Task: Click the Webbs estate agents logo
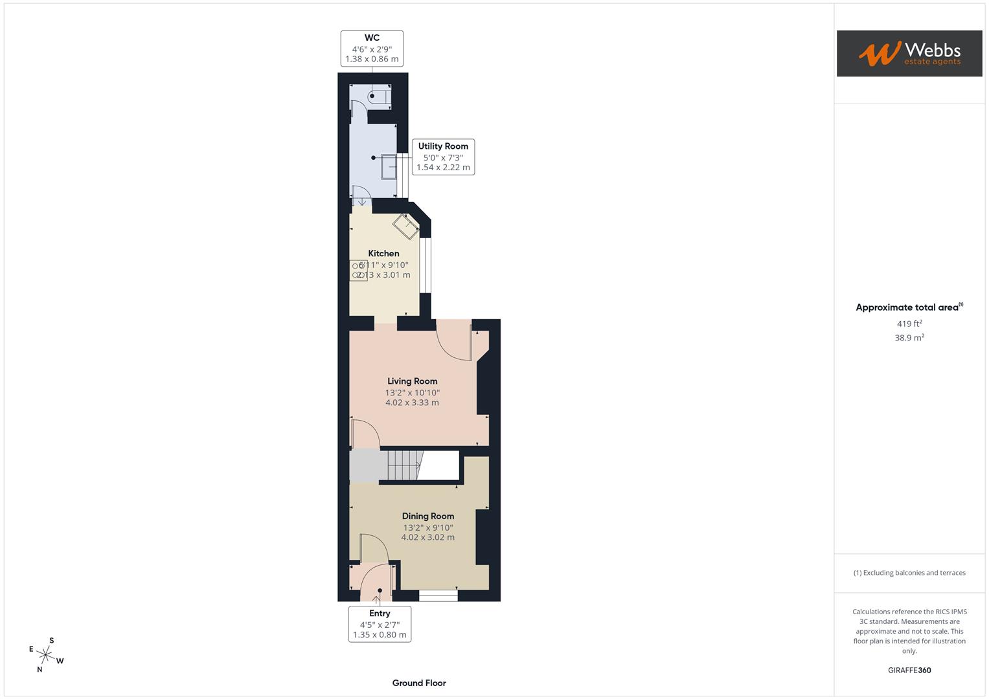pyautogui.click(x=909, y=53)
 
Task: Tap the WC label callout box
pyautogui.click(x=372, y=49)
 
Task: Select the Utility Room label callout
pyautogui.click(x=443, y=157)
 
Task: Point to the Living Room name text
pyautogui.click(x=412, y=381)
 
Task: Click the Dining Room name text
pyautogui.click(x=427, y=516)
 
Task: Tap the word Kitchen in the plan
pyautogui.click(x=383, y=253)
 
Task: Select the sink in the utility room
pyautogui.click(x=389, y=166)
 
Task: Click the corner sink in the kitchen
pyautogui.click(x=406, y=225)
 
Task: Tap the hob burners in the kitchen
pyautogui.click(x=358, y=271)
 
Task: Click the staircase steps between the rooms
pyautogui.click(x=403, y=465)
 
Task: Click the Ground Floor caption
pyautogui.click(x=418, y=683)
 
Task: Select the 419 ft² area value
pyautogui.click(x=909, y=324)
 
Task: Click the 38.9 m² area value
pyautogui.click(x=909, y=338)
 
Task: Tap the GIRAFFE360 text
pyautogui.click(x=909, y=671)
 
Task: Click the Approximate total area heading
pyautogui.click(x=908, y=307)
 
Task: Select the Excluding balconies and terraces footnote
pyautogui.click(x=909, y=573)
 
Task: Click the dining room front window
pyautogui.click(x=438, y=595)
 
